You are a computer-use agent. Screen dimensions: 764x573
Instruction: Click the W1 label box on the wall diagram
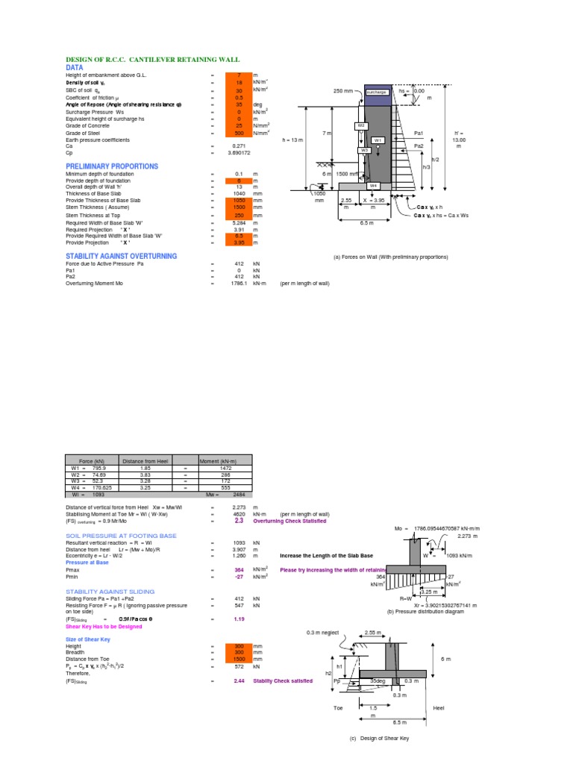coord(378,140)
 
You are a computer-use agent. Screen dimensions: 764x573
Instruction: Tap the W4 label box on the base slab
coord(373,184)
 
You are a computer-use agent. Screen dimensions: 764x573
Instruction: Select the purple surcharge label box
coord(377,92)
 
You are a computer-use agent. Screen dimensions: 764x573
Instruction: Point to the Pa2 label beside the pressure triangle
coord(419,146)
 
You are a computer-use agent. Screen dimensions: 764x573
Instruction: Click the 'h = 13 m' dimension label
coord(293,140)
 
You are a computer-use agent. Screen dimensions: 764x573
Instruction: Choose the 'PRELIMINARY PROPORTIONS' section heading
coord(112,166)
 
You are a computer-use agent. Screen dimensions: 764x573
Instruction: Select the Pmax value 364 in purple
coord(239,569)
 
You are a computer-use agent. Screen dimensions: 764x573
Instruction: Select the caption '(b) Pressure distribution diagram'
coord(420,611)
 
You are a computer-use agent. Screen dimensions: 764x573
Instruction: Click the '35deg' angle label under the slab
coord(378,681)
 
